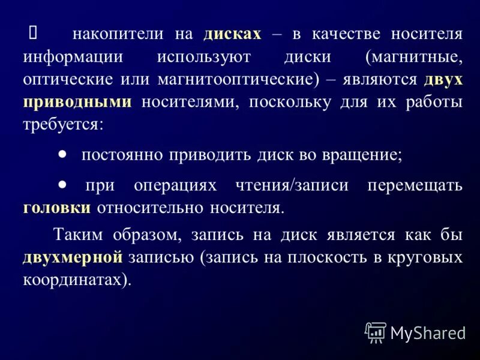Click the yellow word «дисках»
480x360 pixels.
pos(232,34)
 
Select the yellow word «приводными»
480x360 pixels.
pos(77,102)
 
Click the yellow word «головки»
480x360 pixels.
pos(58,208)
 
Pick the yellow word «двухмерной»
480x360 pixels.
pos(73,257)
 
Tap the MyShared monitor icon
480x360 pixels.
pos(376,332)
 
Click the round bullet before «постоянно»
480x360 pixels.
pos(63,154)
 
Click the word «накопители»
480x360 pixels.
pos(118,34)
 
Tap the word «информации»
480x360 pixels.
pos(73,57)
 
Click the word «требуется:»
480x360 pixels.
pos(64,124)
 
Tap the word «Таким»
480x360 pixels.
pos(77,235)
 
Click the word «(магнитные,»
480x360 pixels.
pos(415,57)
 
